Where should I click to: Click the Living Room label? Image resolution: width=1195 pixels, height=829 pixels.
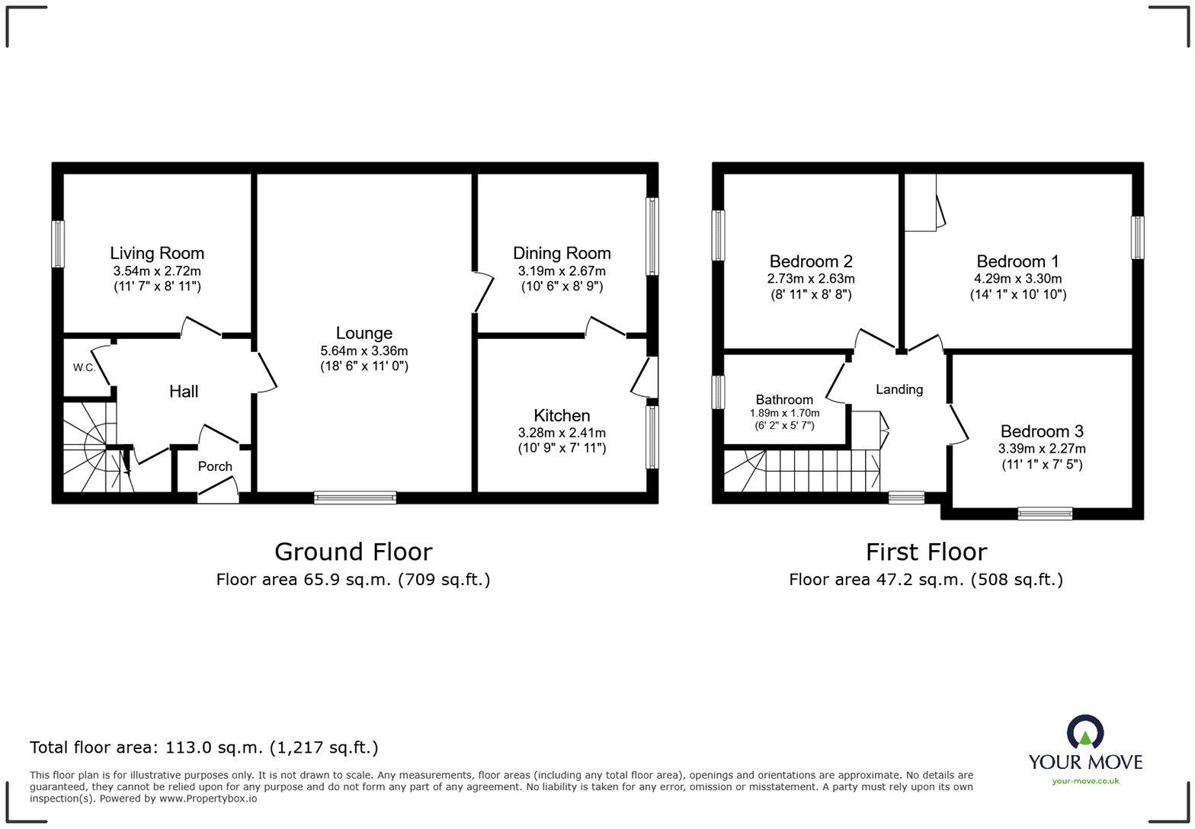pos(157,253)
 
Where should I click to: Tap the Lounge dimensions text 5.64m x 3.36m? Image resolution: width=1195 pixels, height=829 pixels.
pos(364,351)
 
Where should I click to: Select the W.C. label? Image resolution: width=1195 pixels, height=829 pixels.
pos(84,368)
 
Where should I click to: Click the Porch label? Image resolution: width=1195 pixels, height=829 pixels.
pos(215,466)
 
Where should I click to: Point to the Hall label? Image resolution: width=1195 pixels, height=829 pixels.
pos(184,392)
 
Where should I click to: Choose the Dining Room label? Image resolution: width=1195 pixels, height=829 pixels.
pos(562,253)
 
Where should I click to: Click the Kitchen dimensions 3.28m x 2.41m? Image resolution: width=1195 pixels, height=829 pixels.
pos(562,433)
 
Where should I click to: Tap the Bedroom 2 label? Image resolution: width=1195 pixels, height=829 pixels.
pos(811,261)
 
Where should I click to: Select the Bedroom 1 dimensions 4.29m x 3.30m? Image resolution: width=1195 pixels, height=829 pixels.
pos(1018,279)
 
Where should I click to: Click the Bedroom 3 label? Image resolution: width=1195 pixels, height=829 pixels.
pos(1042,431)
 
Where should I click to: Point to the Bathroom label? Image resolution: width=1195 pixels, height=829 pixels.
pos(784,399)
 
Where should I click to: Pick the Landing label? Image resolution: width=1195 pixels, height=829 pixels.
pos(899,389)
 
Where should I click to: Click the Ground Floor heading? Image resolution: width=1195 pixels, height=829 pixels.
pos(353,552)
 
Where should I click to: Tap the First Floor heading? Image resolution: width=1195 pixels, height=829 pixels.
pos(926,552)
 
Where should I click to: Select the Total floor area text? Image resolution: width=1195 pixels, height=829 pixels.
pos(203,747)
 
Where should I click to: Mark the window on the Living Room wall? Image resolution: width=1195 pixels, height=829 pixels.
pos(58,244)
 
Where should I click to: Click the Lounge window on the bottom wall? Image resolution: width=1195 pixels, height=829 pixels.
pos(355,498)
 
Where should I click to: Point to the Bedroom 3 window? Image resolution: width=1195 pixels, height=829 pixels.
pos(1045,514)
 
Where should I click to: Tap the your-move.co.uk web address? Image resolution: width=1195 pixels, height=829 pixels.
pos(1085,781)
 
